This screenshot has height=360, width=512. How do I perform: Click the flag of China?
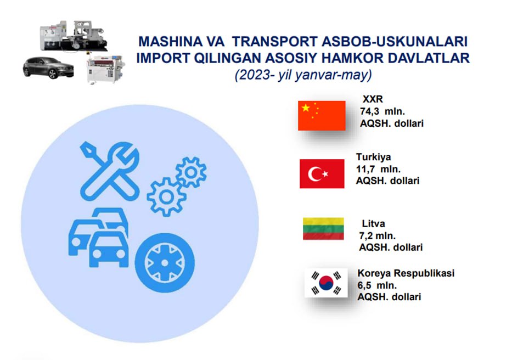[322, 116]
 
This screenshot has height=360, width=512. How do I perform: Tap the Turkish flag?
[322, 174]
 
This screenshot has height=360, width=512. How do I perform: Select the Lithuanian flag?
[323, 229]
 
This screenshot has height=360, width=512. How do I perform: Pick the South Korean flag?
[326, 283]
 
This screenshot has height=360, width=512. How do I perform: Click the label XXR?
[373, 99]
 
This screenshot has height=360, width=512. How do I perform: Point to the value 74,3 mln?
[382, 111]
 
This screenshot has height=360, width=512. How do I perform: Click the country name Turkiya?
[373, 157]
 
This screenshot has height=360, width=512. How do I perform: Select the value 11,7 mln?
[378, 169]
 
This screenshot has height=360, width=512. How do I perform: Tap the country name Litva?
[373, 224]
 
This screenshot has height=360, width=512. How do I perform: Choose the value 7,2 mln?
[377, 235]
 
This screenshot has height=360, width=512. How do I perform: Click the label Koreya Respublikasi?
[406, 273]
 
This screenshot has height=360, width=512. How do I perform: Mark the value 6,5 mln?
[377, 285]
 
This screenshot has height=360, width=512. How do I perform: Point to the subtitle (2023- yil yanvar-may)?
[303, 75]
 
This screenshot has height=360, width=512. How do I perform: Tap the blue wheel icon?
[165, 263]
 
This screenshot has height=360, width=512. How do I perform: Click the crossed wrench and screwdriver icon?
[110, 171]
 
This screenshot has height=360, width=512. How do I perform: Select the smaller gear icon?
[191, 172]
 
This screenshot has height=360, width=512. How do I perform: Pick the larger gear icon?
[166, 197]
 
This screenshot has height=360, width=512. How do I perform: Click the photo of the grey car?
[48, 68]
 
